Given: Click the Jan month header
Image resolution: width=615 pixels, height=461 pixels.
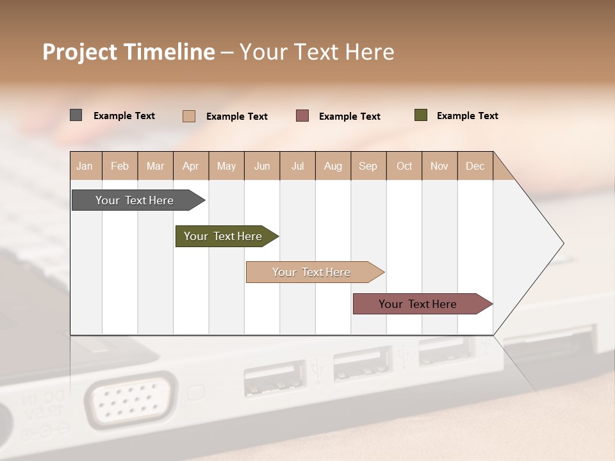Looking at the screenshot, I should [85, 166].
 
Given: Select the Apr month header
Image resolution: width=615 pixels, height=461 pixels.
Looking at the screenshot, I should [191, 166].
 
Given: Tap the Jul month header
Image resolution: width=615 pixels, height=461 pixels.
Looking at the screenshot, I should [297, 166].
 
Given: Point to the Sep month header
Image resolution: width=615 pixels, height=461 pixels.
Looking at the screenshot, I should [368, 166].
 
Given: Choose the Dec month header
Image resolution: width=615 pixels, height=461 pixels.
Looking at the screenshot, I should [475, 166].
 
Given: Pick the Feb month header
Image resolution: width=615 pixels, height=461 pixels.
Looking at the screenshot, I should [120, 166].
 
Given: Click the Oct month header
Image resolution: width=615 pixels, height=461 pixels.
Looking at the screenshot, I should [404, 166].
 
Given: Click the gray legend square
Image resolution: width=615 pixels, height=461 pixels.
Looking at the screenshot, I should [76, 115].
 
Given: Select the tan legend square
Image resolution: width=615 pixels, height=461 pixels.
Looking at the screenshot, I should [188, 116].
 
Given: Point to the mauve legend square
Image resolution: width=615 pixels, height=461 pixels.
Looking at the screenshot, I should [302, 116].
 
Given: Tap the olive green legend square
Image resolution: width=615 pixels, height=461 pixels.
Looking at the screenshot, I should [420, 115].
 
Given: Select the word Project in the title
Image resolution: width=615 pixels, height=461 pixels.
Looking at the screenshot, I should [80, 52].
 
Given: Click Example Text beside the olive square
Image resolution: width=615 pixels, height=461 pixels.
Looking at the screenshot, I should [467, 116].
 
